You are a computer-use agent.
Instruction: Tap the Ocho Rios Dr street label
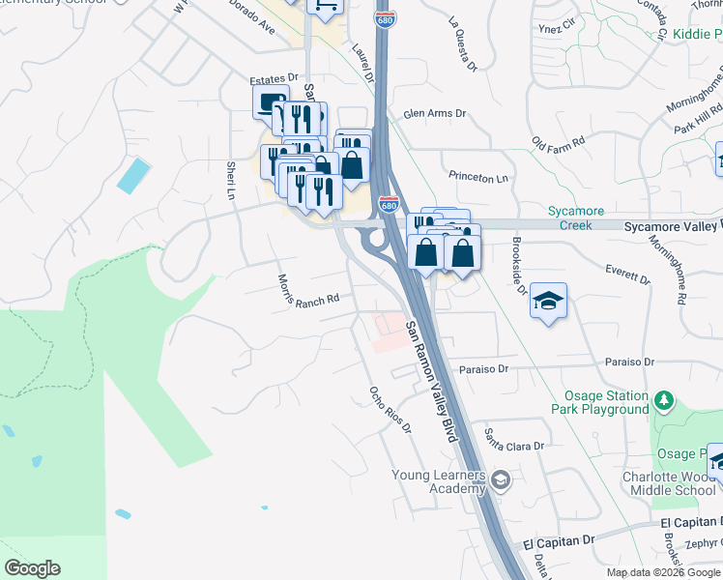[390, 411]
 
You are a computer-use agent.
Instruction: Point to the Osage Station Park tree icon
[663, 399]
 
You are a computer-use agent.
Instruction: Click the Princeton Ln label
[477, 177]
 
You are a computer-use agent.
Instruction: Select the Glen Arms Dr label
[434, 114]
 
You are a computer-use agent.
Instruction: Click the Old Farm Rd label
[559, 142]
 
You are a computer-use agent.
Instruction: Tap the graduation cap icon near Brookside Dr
[548, 301]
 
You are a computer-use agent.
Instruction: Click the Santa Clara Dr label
[514, 439]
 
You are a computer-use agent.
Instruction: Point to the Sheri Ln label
[231, 181]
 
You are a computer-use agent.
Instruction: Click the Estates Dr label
[274, 78]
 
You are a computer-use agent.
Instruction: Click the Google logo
[32, 568]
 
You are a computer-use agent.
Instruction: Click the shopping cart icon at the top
[325, 6]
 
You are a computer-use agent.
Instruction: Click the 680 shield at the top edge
[385, 19]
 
